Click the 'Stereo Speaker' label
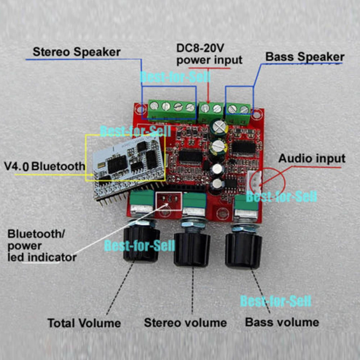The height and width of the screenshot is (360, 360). (76, 52)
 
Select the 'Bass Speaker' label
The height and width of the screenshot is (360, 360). (305, 57)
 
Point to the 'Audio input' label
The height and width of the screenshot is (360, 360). (311, 158)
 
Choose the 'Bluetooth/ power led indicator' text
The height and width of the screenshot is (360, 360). (42, 246)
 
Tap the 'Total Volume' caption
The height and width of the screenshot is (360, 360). (84, 323)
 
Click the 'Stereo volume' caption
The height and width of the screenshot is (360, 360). (185, 323)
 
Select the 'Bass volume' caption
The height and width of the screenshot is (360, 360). (282, 322)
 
